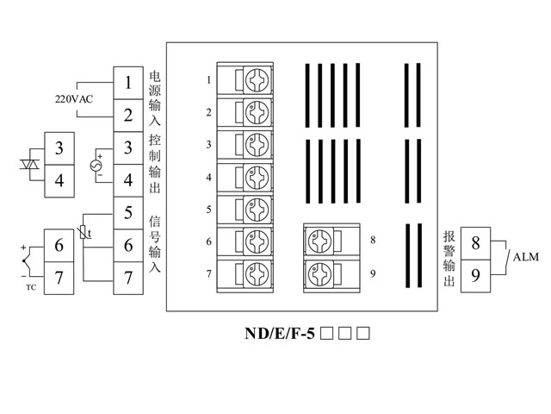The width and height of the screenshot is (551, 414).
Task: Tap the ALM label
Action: click(x=525, y=257)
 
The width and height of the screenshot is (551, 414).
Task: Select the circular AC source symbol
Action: click(x=96, y=164)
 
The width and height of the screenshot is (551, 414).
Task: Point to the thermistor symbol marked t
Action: click(x=84, y=230)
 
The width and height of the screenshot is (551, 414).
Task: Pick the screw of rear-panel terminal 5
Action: click(x=257, y=209)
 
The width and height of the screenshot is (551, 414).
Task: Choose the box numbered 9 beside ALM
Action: click(x=476, y=276)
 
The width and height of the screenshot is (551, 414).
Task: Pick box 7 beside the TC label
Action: click(x=59, y=278)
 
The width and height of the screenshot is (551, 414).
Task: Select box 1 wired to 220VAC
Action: click(x=127, y=84)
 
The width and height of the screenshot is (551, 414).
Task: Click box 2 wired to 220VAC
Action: click(x=127, y=116)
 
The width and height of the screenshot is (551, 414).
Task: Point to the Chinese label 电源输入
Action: click(x=155, y=97)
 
